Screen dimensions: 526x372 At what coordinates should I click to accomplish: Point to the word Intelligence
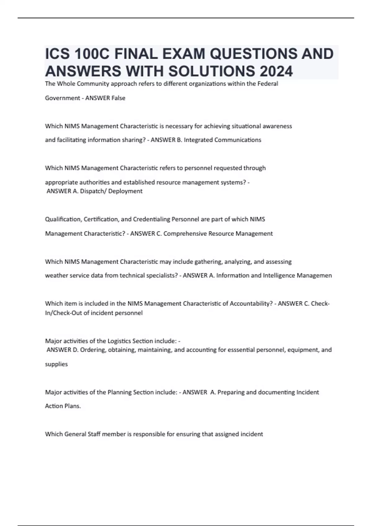[279, 275]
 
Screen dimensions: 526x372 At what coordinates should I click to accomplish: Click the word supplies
[56, 364]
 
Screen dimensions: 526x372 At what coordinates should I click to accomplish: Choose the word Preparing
[231, 392]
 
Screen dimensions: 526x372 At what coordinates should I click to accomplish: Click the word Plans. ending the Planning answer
[72, 406]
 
